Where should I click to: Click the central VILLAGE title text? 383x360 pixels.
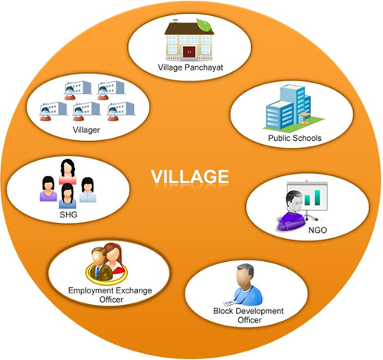[x=190, y=177]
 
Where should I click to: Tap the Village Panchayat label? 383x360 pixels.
[x=191, y=67]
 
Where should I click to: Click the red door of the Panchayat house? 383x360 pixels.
[x=189, y=52]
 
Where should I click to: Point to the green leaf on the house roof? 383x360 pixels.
[x=204, y=25]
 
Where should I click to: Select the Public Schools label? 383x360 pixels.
[x=295, y=138]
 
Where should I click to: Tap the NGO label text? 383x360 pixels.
[x=318, y=230]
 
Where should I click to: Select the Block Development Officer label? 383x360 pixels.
[x=249, y=316]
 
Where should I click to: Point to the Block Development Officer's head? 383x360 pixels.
[x=245, y=275]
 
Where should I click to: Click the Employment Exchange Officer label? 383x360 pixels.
[x=110, y=295]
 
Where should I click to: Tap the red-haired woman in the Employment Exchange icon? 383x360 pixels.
[x=114, y=258]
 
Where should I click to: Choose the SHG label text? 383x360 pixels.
[x=68, y=214]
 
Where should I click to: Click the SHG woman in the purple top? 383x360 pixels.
[x=48, y=188]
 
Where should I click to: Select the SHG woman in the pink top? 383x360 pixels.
[x=67, y=172]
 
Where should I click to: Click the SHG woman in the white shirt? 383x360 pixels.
[x=88, y=190]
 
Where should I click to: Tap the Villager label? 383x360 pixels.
[x=87, y=130]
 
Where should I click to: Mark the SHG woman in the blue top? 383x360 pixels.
[x=67, y=196]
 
